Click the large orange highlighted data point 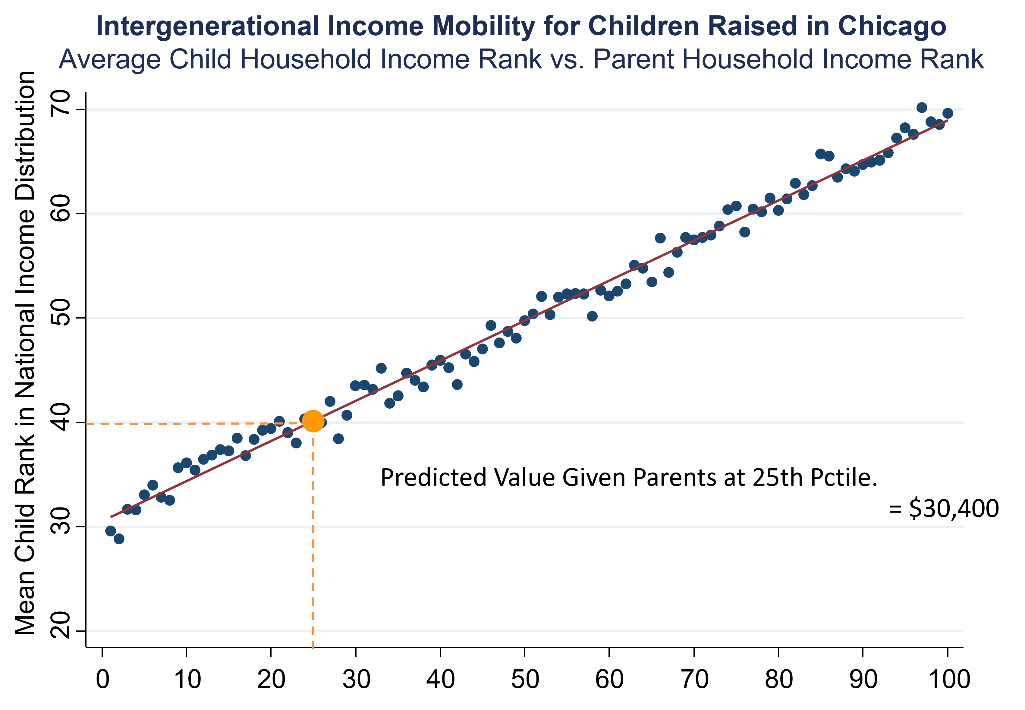click(313, 421)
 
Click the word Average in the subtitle click(109, 59)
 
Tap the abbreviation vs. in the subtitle click(567, 59)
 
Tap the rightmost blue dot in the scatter click(948, 113)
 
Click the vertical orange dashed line click(313, 534)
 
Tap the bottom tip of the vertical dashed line click(313, 648)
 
